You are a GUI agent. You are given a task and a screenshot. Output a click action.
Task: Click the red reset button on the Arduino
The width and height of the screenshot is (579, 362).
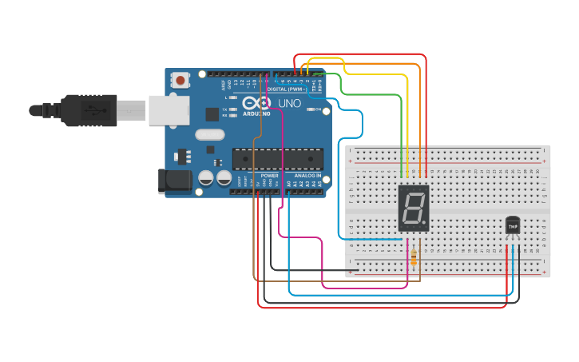point(180,80)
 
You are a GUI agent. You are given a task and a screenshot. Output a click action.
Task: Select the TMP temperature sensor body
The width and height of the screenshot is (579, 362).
point(513,225)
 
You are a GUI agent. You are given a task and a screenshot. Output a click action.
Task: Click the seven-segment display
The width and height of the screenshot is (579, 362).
point(413,209)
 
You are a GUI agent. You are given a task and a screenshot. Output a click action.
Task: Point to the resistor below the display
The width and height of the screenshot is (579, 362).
point(413,257)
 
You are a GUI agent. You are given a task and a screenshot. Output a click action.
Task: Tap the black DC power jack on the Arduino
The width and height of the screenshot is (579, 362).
point(174,181)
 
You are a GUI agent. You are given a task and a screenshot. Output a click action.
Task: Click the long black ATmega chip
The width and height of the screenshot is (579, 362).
point(278,159)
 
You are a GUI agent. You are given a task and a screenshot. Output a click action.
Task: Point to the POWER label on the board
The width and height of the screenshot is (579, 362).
point(270,175)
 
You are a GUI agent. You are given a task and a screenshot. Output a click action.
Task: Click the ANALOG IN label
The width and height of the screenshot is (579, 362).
point(308,175)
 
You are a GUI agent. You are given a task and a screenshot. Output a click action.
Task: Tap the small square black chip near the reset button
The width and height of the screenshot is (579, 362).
point(212,114)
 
